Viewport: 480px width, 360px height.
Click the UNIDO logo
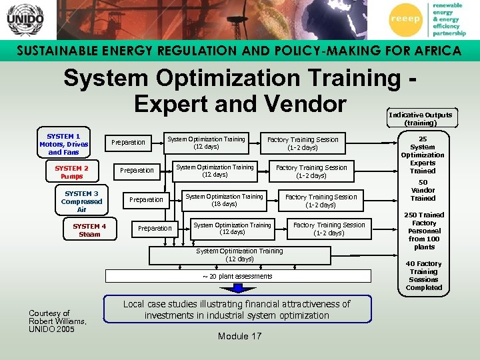(25, 20)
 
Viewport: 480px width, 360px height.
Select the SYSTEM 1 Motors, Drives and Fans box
(64, 144)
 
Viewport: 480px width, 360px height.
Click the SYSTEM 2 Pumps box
(71, 173)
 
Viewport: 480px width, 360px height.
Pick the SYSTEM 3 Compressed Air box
(81, 201)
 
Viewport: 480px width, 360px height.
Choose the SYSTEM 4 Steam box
(89, 230)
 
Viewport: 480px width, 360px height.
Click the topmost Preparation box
(128, 142)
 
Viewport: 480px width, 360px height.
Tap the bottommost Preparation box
(155, 228)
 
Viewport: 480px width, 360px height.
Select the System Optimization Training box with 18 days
(224, 200)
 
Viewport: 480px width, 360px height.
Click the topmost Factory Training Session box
(303, 143)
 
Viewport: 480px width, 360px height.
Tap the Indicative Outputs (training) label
(420, 119)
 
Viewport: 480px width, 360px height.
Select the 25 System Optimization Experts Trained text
(423, 155)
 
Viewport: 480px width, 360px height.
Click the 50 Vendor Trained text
(423, 190)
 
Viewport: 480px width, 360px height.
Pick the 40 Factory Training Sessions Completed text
(423, 275)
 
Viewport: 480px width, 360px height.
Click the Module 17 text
(239, 336)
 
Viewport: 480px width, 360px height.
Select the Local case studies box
(237, 309)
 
